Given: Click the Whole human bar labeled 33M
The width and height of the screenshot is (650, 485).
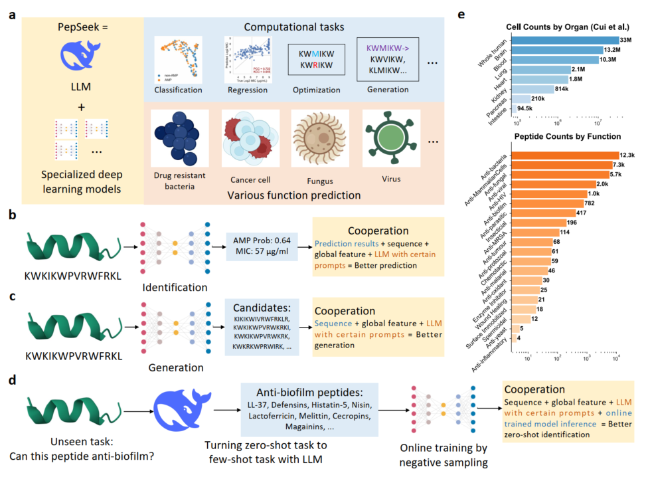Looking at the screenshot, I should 566,41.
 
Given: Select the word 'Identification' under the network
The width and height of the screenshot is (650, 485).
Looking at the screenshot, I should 174,287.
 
